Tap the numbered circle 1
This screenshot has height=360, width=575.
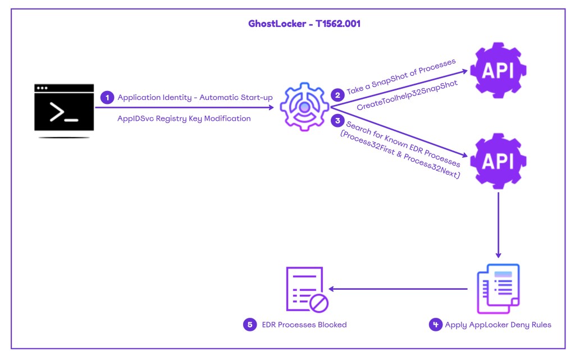click(107, 98)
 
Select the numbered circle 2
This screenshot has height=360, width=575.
click(337, 95)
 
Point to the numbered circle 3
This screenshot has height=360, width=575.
click(337, 120)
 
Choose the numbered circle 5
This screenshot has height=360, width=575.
click(250, 324)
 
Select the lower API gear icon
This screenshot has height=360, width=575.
click(498, 161)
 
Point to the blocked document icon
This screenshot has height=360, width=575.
click(306, 289)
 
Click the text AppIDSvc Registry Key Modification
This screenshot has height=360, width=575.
click(184, 119)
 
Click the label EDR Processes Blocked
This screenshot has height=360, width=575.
click(304, 324)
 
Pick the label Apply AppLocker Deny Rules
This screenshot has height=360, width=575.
click(498, 324)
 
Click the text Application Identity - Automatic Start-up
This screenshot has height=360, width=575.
click(195, 98)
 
